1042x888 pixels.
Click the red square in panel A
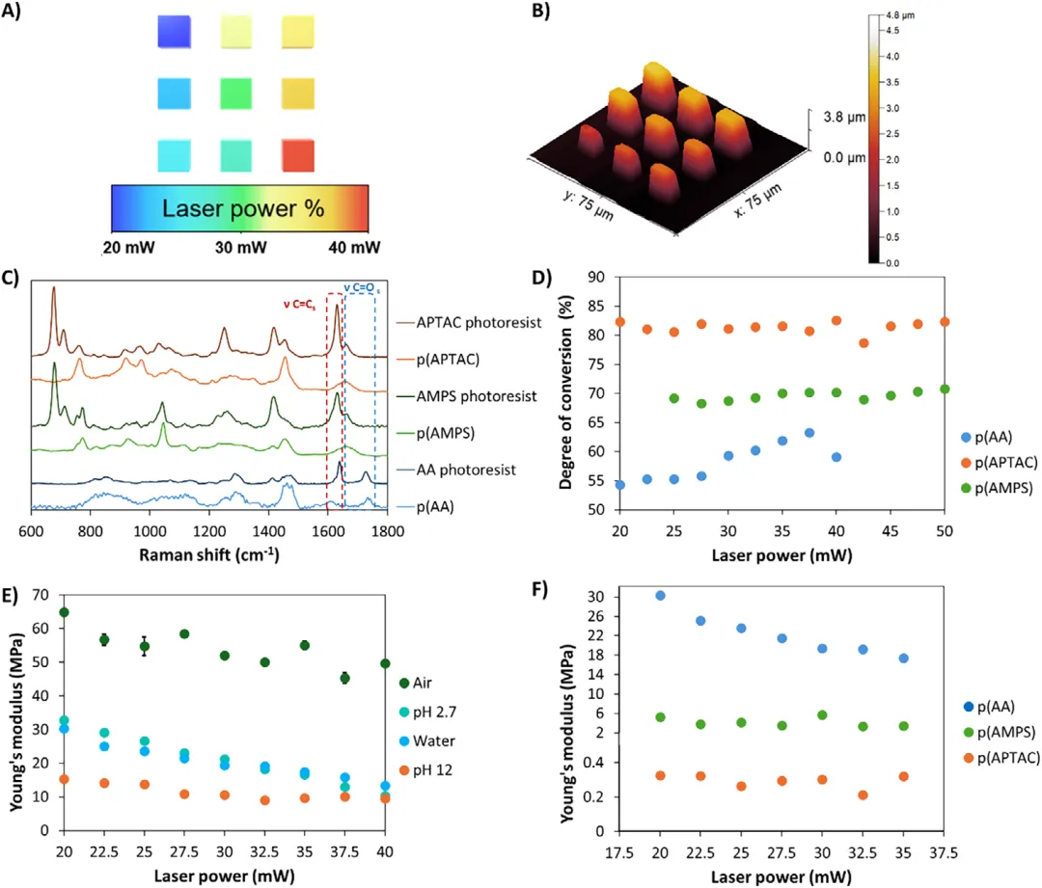tap(298, 155)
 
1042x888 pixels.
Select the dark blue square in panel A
tap(174, 32)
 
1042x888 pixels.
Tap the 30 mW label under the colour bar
tap(240, 248)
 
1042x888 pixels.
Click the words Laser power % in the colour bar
tap(243, 208)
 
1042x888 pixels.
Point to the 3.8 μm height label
tap(844, 117)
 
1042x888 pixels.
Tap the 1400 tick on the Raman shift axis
tap(268, 531)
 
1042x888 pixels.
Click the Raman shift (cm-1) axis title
tap(208, 554)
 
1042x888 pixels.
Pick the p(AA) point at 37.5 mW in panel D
tap(809, 433)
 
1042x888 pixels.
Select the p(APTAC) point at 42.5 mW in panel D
tap(864, 343)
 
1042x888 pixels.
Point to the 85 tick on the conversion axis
tap(596, 307)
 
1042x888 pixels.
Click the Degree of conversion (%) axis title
tap(565, 392)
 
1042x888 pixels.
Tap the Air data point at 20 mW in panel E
tap(64, 612)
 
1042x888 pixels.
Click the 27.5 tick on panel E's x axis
tap(184, 852)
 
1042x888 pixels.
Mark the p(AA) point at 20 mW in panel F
tap(660, 596)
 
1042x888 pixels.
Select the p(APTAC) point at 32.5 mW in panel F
tap(863, 795)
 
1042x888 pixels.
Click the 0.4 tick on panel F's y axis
tap(594, 763)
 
